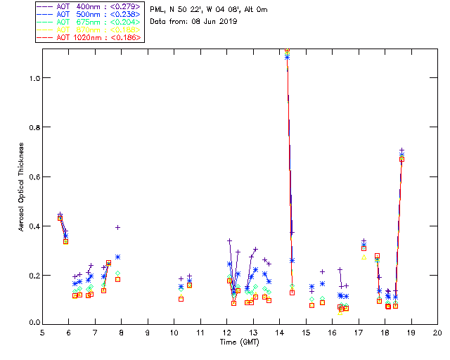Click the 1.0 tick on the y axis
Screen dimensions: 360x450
(34, 78)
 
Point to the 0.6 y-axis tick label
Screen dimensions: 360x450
(34, 176)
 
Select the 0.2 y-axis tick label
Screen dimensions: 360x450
(34, 275)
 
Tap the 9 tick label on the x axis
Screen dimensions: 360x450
(148, 332)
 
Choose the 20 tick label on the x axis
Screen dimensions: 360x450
(437, 332)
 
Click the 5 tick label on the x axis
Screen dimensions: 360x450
(42, 332)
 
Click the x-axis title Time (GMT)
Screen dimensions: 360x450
(240, 341)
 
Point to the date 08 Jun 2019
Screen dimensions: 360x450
(214, 22)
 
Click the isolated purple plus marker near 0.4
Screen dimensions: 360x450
(118, 227)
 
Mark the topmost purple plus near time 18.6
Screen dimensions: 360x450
(401, 150)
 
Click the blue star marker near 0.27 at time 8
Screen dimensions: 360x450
(118, 257)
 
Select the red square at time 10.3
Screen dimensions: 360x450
(181, 299)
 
